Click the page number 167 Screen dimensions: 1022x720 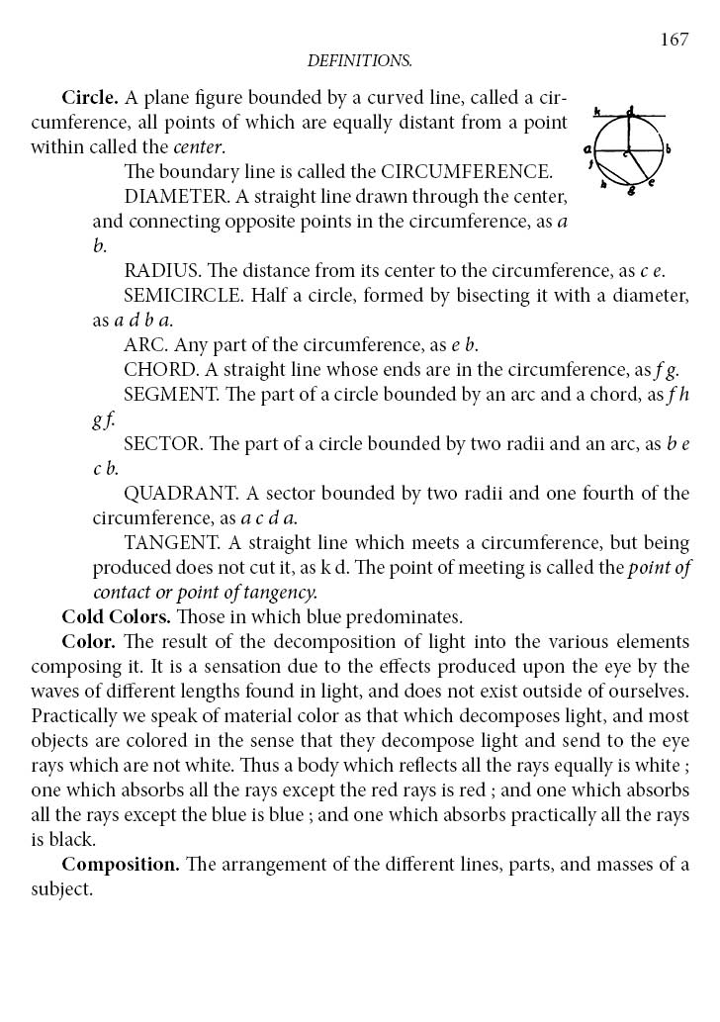674,40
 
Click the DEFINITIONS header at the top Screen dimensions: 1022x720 359,61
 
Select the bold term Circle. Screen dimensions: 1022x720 90,98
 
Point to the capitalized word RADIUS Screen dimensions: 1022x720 159,270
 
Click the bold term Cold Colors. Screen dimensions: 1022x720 116,616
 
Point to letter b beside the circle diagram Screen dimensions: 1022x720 669,149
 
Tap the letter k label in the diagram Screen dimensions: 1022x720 597,112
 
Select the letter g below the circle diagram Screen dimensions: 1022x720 631,190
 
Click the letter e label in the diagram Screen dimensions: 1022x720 651,182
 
